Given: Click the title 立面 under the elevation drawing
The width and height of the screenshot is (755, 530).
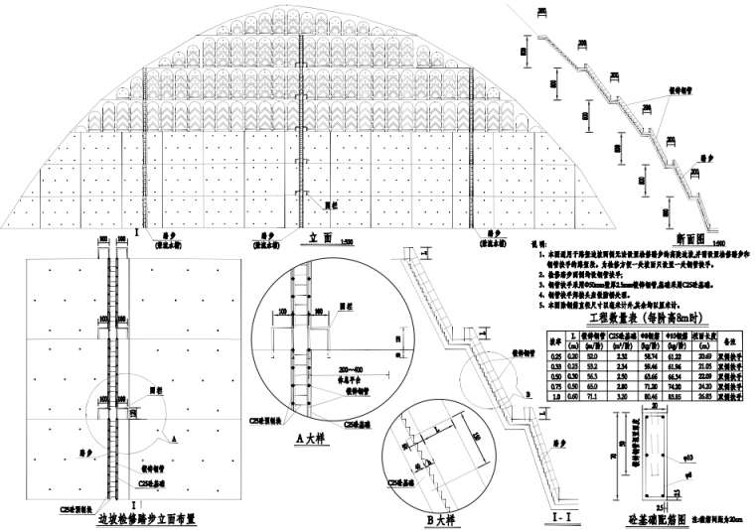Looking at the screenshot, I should coord(319,238).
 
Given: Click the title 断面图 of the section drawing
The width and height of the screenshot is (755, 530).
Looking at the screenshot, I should coord(688,238).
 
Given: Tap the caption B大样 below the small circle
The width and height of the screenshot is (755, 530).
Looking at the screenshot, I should coord(437,518).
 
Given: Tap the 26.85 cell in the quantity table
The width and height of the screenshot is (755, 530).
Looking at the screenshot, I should coord(703,397).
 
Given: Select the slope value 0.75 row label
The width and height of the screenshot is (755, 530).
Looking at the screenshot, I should coord(556,387).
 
